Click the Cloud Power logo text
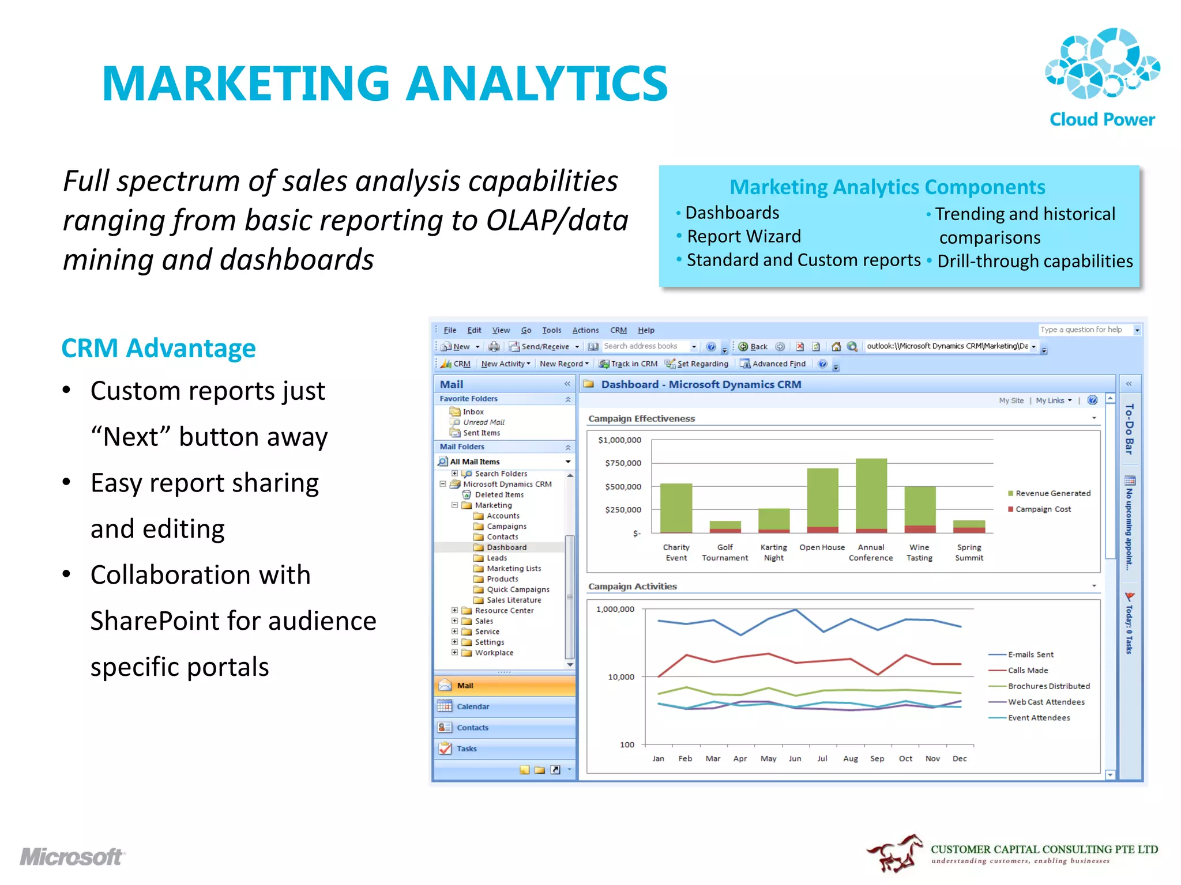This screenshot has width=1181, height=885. click(1101, 119)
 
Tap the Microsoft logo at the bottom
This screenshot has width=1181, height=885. click(72, 857)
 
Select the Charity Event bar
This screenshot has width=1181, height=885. click(676, 507)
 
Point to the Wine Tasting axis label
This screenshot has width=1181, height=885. click(919, 553)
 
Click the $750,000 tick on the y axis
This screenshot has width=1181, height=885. click(623, 463)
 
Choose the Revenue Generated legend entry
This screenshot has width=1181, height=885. click(1052, 493)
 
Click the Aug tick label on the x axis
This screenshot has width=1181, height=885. click(850, 759)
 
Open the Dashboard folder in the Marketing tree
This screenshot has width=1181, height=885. click(506, 547)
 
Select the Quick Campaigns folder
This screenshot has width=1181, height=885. click(517, 589)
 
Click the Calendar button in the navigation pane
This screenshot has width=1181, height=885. click(473, 706)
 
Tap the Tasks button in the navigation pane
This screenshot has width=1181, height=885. click(467, 748)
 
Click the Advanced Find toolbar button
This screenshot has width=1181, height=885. click(778, 364)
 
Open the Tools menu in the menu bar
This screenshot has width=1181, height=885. click(551, 330)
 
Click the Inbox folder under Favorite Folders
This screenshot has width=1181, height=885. click(473, 412)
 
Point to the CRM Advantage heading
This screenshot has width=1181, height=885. click(159, 349)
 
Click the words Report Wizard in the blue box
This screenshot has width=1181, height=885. click(744, 236)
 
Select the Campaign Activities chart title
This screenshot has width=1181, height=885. click(633, 587)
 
